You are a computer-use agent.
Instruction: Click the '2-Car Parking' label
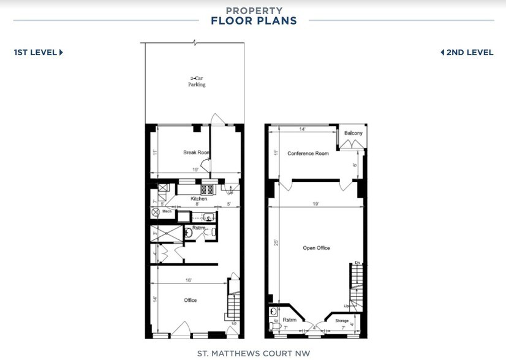point(197,81)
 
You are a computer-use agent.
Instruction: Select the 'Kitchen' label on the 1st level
point(198,199)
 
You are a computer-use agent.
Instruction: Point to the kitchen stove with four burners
point(206,189)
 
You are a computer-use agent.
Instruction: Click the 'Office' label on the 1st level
point(190,300)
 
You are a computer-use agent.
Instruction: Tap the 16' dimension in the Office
point(189,280)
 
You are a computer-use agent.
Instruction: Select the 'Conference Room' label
point(308,153)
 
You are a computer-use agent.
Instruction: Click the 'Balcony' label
point(353,133)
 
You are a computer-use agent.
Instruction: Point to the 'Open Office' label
point(316,248)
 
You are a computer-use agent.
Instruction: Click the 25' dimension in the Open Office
point(276,242)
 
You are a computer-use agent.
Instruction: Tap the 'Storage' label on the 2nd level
point(342,321)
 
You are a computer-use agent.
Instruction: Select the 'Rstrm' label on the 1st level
point(198,228)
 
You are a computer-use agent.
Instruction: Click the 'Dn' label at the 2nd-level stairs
point(357,263)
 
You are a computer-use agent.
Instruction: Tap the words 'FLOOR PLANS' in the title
point(254,21)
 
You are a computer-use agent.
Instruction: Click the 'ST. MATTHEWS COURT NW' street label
point(254,353)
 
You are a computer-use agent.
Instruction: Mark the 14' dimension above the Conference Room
point(302,130)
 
